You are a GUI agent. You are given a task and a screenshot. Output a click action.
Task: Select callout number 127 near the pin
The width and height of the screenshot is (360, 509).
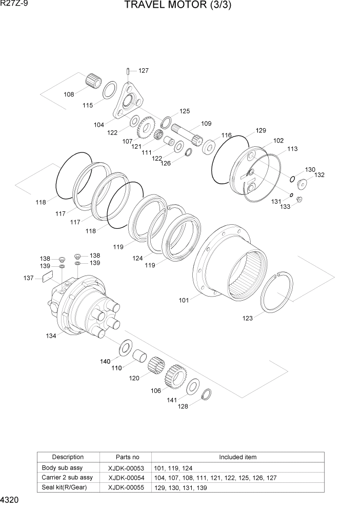click(144, 71)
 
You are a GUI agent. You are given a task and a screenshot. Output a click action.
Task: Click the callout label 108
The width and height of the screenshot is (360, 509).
click(69, 94)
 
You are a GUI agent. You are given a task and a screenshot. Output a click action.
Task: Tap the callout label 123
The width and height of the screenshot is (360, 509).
click(248, 318)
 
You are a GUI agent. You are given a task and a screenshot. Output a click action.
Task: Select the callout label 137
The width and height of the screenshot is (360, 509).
click(29, 278)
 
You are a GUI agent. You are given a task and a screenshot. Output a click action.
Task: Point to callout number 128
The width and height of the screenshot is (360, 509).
click(183, 406)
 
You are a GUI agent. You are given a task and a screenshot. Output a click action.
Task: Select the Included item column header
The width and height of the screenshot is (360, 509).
click(237, 457)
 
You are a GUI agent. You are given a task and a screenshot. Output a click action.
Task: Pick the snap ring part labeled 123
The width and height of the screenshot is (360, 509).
click(277, 292)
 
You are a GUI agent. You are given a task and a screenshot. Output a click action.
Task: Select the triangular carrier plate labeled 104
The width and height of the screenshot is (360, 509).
click(127, 103)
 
